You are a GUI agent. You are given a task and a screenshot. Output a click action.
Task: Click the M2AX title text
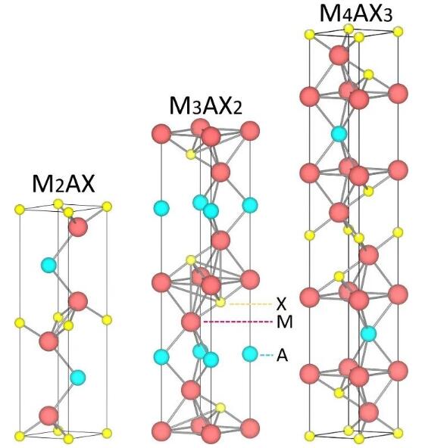coord(63,184)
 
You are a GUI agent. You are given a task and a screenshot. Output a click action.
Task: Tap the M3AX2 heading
coord(205,106)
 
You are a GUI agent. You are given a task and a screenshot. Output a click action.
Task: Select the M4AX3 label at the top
coord(356,13)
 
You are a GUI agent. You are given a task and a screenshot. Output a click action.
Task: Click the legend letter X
coord(281,304)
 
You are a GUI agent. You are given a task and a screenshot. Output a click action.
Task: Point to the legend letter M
coord(285,322)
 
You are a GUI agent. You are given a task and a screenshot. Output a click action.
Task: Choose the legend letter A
coord(282,356)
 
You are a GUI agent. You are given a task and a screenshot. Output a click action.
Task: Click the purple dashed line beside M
coord(238,322)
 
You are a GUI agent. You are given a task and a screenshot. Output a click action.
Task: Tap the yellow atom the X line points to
coord(220,302)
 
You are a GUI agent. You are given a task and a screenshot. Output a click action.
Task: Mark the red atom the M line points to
coord(191,322)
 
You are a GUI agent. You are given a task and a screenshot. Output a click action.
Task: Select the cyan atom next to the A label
coord(250,354)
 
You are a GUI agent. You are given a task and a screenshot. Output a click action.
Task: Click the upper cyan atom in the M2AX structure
coord(49,265)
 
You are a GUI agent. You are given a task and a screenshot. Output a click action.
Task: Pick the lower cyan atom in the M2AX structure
coord(78,378)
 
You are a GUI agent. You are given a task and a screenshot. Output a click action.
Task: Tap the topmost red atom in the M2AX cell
coord(78,226)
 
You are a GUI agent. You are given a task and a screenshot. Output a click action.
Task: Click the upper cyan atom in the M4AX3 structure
coord(339,133)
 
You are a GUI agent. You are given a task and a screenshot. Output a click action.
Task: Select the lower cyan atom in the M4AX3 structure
coord(368,334)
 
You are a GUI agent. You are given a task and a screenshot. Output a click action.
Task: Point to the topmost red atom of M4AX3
coord(339,55)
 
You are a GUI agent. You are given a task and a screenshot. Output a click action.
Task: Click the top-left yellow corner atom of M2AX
coord(20,209)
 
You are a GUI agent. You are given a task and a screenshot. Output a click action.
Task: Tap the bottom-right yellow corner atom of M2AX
coord(107,433)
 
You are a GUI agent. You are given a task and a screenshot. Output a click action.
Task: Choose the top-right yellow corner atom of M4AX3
coord(398,32)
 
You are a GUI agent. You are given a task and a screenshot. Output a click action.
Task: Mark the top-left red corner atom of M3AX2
coord(161,133)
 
